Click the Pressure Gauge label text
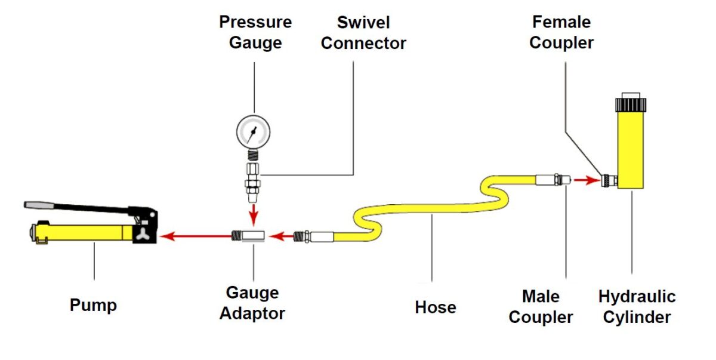255,32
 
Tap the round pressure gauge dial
252,131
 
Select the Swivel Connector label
363,32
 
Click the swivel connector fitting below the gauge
252,179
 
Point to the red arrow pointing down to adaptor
253,211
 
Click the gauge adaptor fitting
246,236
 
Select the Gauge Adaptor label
252,303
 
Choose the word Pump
93,305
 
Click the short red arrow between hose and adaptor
282,237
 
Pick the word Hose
436,307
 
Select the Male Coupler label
541,306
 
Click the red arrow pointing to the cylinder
588,179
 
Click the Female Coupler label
561,32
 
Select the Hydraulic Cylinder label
637,306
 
